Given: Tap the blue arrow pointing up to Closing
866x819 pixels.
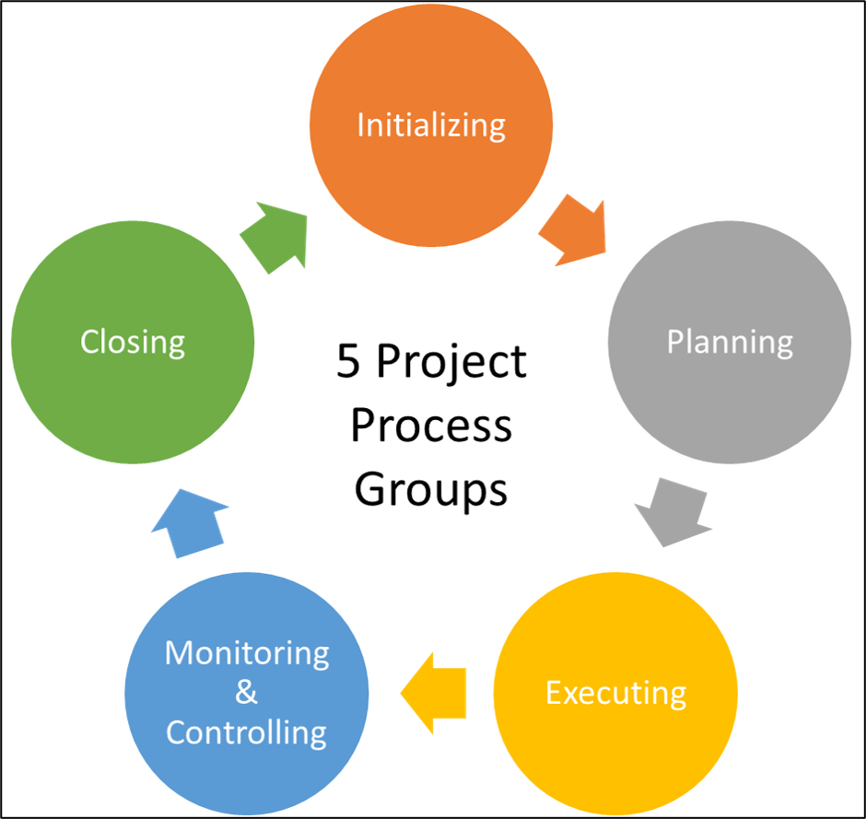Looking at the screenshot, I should [x=191, y=521].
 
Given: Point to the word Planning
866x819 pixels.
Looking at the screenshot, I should [x=730, y=343].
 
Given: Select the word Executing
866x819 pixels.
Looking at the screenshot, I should [x=615, y=693].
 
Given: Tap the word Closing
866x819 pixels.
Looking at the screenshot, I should [x=132, y=342].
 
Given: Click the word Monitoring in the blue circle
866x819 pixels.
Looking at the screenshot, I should [x=247, y=653].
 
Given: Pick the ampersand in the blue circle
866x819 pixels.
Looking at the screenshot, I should [x=246, y=693].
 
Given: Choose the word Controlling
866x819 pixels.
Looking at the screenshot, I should [x=247, y=732].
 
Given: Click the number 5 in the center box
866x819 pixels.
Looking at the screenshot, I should [x=348, y=362].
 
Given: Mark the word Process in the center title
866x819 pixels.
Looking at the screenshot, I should [x=431, y=426].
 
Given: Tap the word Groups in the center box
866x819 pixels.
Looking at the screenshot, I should [x=431, y=488].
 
